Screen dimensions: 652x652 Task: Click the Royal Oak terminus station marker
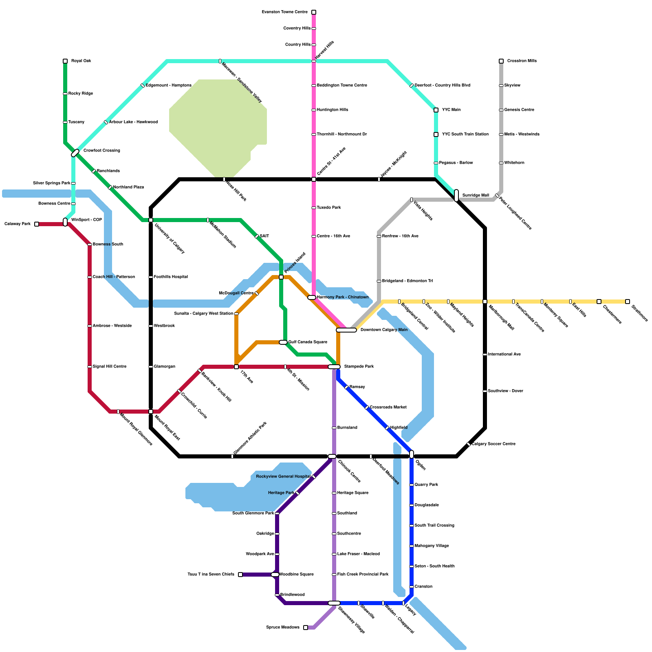point(65,61)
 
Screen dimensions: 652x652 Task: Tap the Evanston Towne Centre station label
point(284,12)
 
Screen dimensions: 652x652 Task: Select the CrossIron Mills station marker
point(501,61)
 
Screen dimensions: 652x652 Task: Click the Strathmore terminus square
point(628,302)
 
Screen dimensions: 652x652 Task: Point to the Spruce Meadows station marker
point(306,628)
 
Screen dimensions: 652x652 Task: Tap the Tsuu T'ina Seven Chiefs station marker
point(240,575)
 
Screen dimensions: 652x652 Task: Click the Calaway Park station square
point(37,224)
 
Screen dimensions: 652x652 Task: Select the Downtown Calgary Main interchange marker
point(346,330)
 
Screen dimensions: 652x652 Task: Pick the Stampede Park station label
point(359,367)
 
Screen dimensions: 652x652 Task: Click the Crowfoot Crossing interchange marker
point(75,153)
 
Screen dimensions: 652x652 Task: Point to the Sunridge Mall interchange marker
point(456,196)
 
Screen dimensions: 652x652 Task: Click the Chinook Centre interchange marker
point(332,456)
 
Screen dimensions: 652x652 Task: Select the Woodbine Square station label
point(296,575)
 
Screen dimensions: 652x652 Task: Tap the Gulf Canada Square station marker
point(283,342)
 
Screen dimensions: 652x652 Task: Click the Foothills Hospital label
point(171,277)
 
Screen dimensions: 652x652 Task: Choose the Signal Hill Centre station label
point(109,367)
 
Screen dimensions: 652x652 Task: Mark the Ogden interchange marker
point(412,454)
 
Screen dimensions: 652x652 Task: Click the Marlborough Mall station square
point(485,302)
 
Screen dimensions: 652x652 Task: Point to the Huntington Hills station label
point(333,110)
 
